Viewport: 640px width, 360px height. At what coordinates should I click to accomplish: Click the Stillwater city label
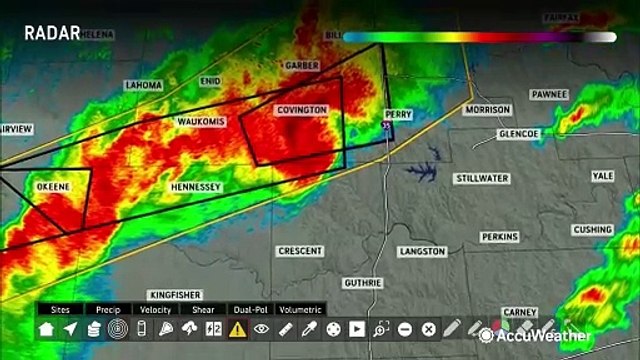[x=483, y=178]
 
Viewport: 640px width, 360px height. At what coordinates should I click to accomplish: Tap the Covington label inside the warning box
[x=301, y=109]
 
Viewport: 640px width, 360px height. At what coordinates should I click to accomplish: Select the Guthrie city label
[x=362, y=283]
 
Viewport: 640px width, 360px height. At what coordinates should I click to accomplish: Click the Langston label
[x=421, y=252]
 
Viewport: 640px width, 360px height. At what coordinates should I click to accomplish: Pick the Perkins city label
[x=499, y=237]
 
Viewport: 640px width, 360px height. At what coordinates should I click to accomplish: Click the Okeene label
[x=52, y=187]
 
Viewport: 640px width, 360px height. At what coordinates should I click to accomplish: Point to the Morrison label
[x=487, y=110]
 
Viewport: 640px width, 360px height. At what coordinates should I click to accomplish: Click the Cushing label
[x=592, y=230]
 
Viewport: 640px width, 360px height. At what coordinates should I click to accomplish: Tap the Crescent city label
[x=300, y=250]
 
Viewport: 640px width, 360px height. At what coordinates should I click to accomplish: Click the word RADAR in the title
[x=52, y=33]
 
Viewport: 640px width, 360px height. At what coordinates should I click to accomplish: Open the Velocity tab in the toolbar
[x=156, y=310]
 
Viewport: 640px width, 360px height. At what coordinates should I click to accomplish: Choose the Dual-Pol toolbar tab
[x=249, y=310]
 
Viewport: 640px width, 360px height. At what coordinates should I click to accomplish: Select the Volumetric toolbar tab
[x=300, y=310]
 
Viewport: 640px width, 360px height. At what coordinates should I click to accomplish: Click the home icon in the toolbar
[x=46, y=329]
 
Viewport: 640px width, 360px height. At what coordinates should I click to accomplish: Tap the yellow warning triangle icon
[x=237, y=329]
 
